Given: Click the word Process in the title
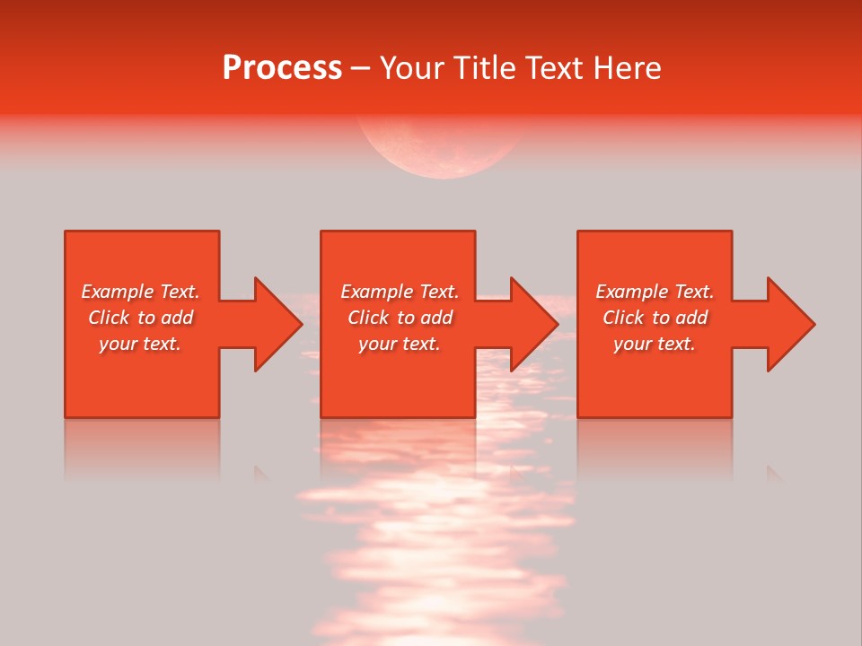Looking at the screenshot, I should pyautogui.click(x=282, y=68).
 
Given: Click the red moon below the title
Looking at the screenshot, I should pyautogui.click(x=440, y=148).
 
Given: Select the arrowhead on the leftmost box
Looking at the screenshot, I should pyautogui.click(x=277, y=324).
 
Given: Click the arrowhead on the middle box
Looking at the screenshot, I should pyautogui.click(x=532, y=324).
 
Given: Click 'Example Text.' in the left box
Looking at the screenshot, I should pyautogui.click(x=140, y=292).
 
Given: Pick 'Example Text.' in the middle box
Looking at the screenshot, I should pyautogui.click(x=400, y=292).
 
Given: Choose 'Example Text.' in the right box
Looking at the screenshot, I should pyautogui.click(x=655, y=292).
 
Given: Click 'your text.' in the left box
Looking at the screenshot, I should pyautogui.click(x=140, y=344).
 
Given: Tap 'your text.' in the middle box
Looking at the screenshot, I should pyautogui.click(x=400, y=344).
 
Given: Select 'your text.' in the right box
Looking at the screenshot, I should pyautogui.click(x=655, y=344).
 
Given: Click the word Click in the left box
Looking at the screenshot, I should pyautogui.click(x=109, y=318).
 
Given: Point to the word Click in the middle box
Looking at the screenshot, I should pyautogui.click(x=368, y=318).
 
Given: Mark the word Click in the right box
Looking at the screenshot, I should pyautogui.click(x=623, y=318).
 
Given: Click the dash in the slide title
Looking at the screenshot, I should pyautogui.click(x=360, y=69).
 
